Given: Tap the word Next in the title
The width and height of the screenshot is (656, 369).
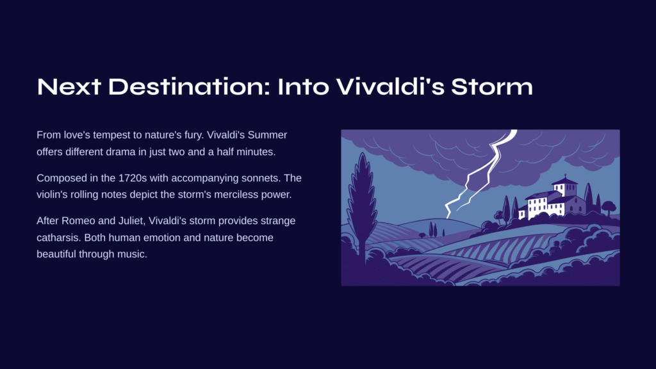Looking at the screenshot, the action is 69,86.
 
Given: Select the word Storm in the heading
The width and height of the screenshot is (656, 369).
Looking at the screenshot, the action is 492,86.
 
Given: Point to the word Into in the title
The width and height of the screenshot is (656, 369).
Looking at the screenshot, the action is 303,86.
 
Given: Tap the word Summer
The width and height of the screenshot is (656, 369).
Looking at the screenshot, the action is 267,135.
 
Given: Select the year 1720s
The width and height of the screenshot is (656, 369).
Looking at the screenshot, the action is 133,178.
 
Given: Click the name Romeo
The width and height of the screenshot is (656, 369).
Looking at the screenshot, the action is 78,221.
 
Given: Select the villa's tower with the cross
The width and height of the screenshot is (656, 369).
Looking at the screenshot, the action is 565,186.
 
